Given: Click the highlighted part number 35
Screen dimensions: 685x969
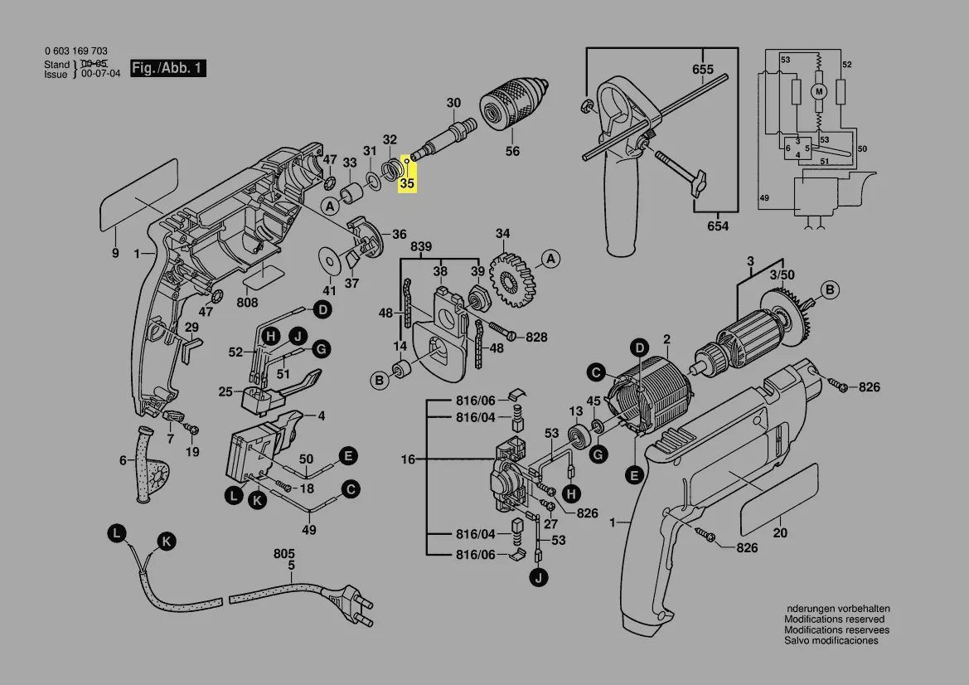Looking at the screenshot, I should pos(407,182).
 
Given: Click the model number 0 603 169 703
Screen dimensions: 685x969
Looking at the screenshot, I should pos(76,51).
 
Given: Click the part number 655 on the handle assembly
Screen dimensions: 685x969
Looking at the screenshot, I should pos(703,70).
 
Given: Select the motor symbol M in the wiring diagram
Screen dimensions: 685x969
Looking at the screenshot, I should pos(819,90).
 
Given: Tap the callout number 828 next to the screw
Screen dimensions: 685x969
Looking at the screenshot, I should pos(536,337).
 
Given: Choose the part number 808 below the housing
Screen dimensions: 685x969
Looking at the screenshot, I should pos(247,303).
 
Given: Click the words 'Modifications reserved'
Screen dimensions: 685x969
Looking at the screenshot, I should pos(834,619).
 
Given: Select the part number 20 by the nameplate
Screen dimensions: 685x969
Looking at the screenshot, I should pos(780,533).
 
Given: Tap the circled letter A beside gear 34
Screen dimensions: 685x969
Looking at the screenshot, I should pos(550,260).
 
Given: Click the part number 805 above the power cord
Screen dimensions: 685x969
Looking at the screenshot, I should pos(284,553).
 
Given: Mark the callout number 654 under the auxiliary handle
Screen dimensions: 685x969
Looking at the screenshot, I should pos(718,226).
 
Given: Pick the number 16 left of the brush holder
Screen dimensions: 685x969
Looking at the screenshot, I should pos(408,459).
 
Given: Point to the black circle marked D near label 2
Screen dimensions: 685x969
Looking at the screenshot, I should pos(639,347).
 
